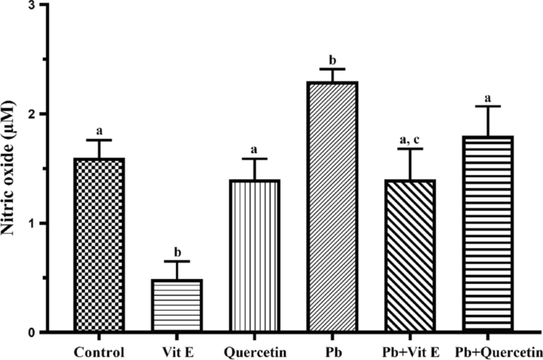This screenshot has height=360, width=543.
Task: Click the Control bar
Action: point(100,245)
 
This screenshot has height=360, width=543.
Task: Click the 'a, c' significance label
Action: point(411,140)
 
